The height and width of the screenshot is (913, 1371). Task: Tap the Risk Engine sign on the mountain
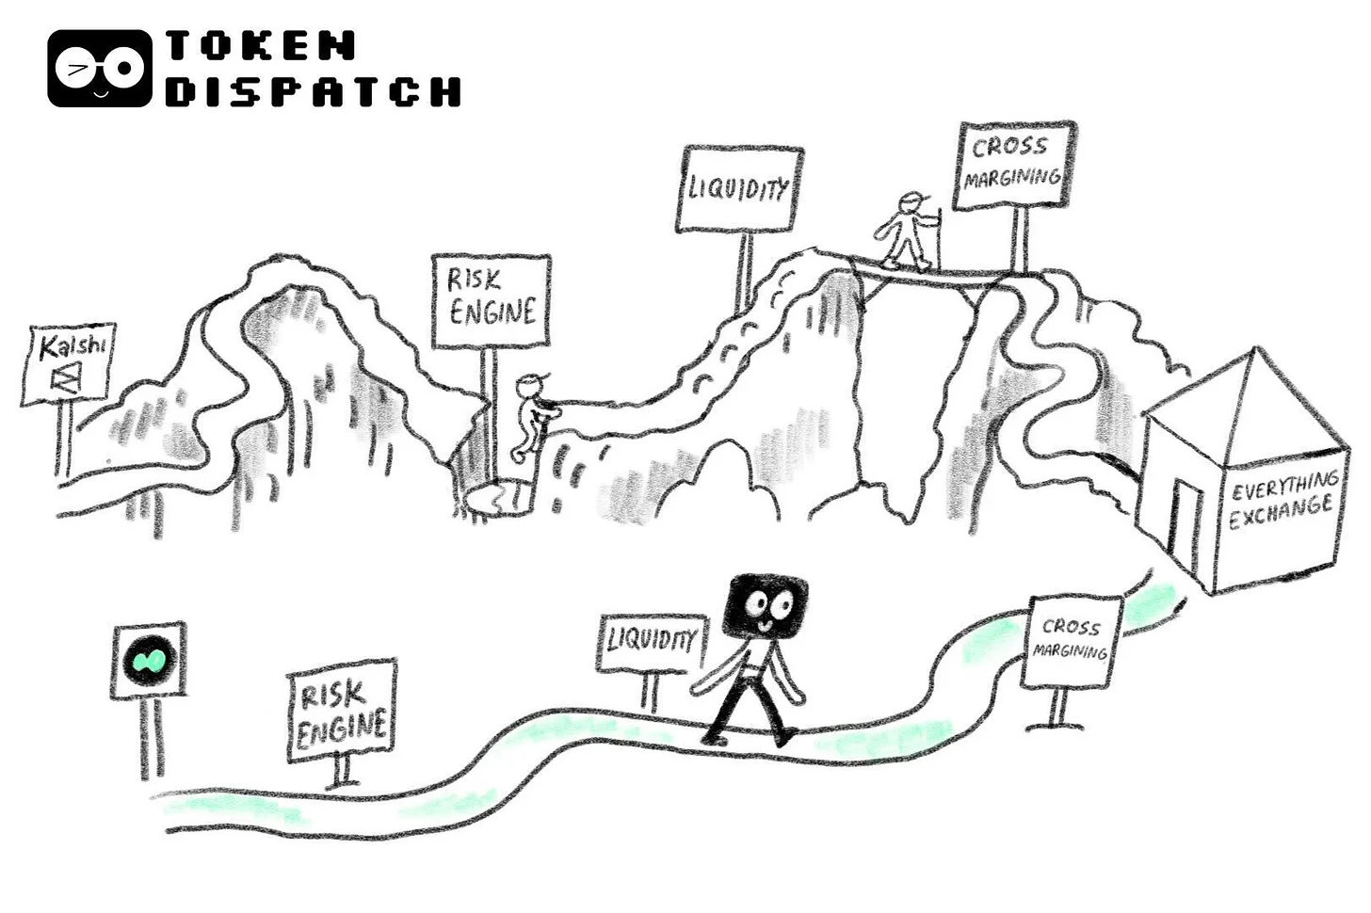[x=491, y=300]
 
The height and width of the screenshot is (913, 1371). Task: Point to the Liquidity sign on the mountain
[x=741, y=188]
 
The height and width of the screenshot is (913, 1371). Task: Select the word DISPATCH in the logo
[x=313, y=91]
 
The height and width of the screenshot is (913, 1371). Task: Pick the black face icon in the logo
[x=99, y=68]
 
